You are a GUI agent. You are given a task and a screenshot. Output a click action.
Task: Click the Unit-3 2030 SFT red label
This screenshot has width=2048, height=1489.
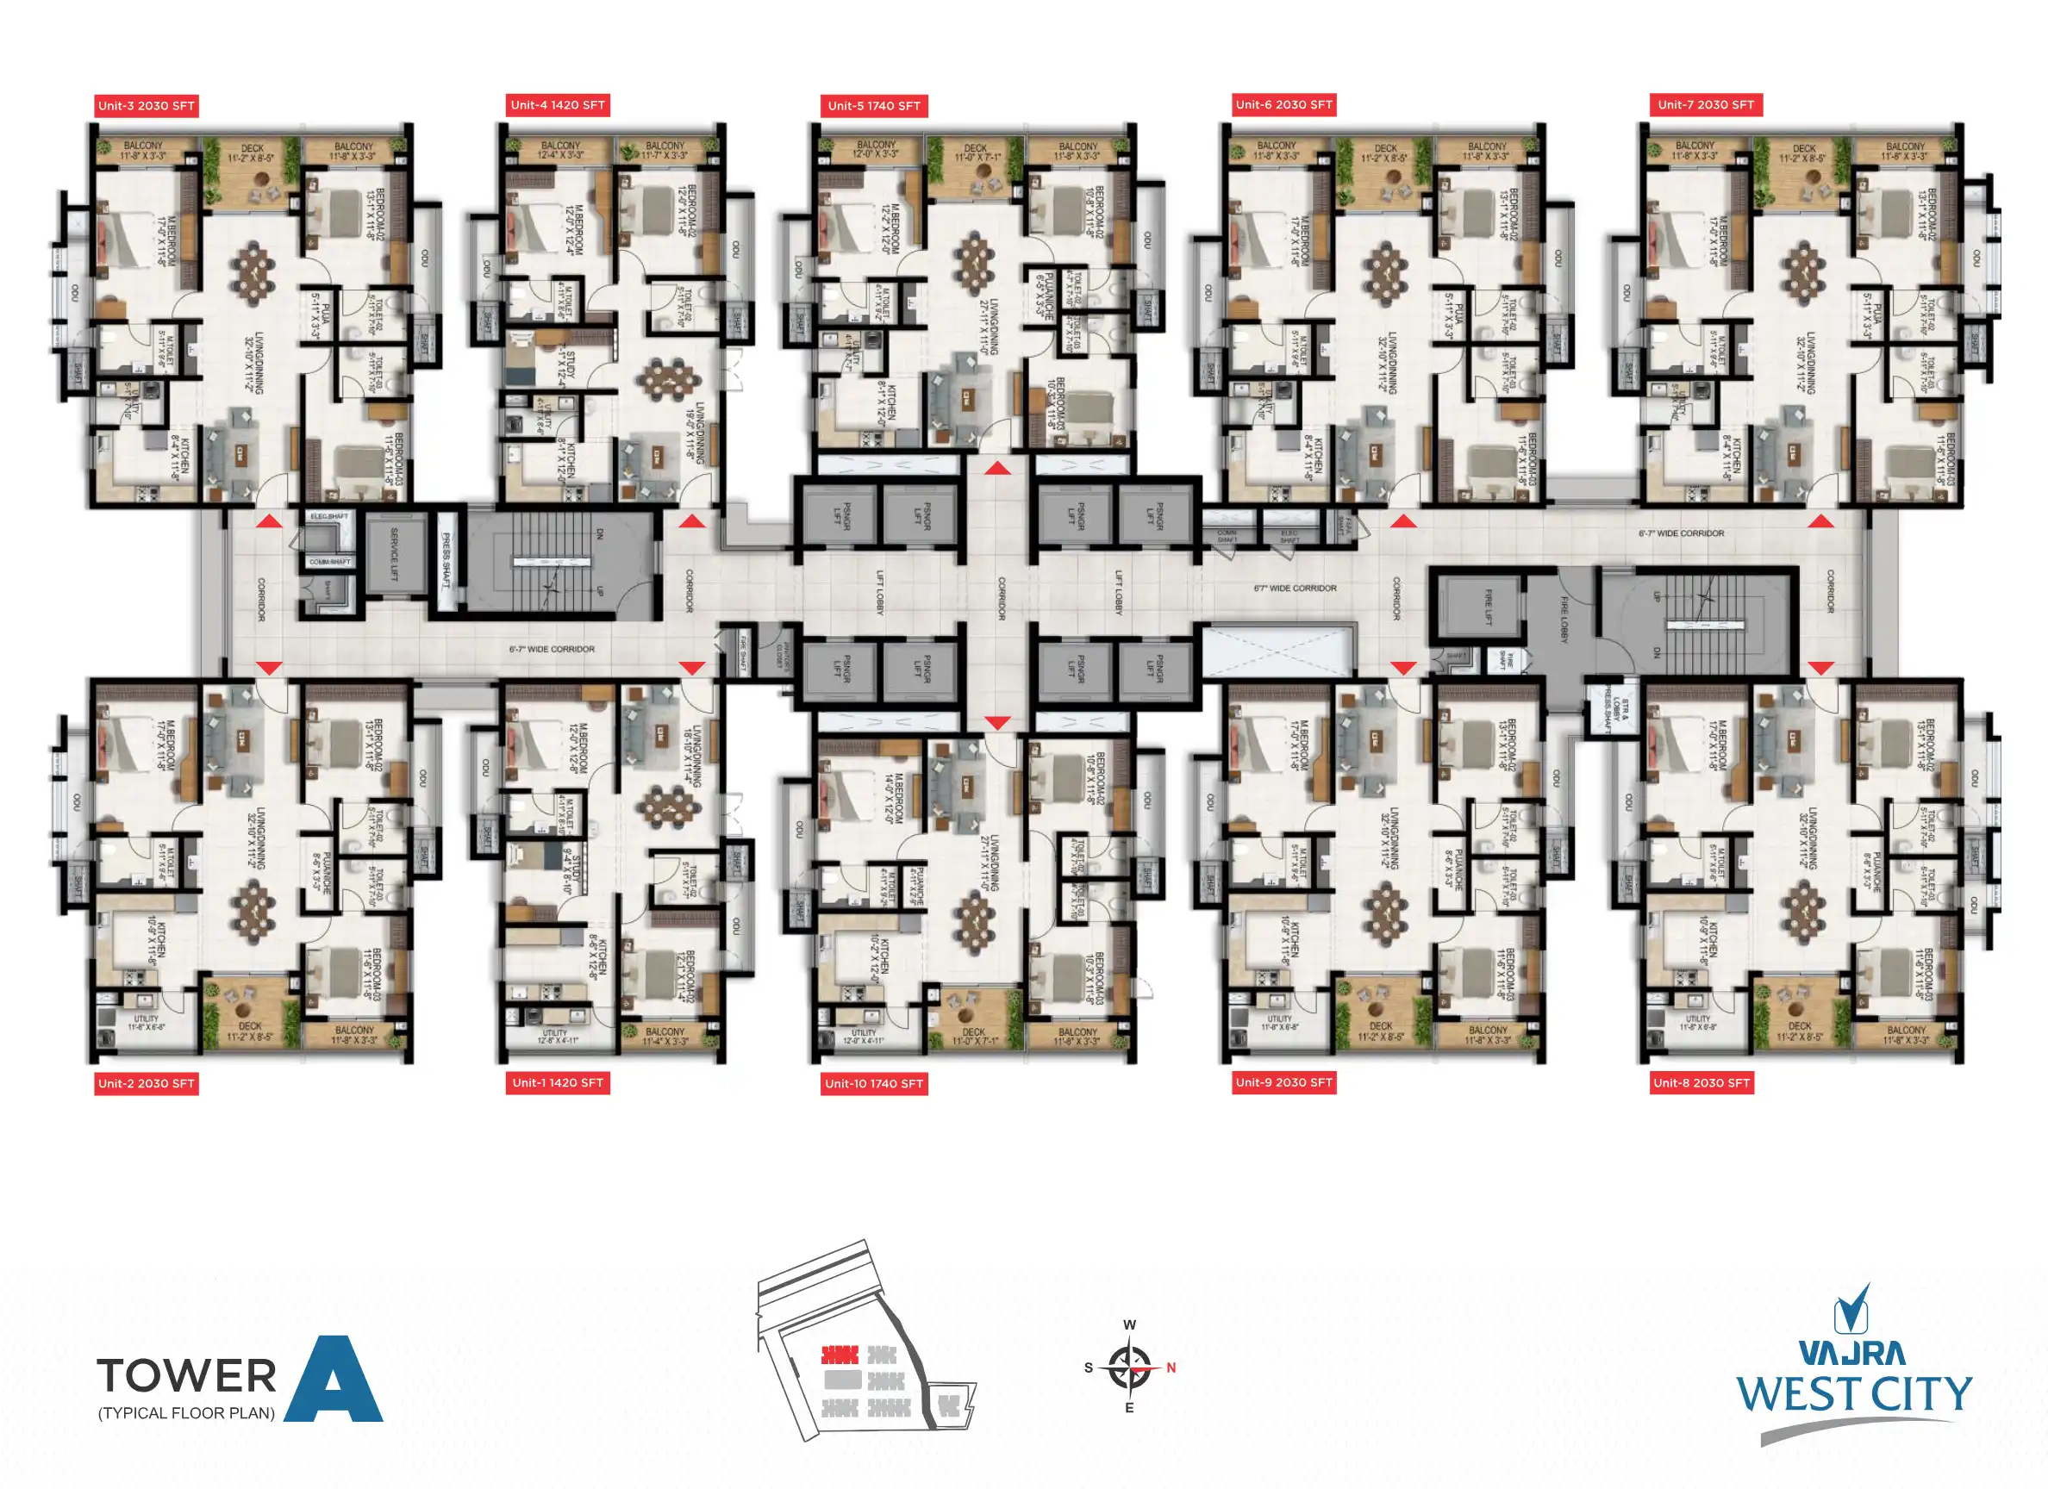(x=147, y=106)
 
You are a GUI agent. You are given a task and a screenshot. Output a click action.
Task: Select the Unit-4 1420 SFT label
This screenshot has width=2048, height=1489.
(x=557, y=105)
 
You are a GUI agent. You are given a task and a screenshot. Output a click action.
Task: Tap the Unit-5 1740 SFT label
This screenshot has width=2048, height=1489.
(x=873, y=106)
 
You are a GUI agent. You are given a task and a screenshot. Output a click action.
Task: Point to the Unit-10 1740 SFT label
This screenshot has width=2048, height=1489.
(x=873, y=1083)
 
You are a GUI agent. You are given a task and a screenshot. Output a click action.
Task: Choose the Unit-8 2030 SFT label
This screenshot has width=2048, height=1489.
(x=1701, y=1082)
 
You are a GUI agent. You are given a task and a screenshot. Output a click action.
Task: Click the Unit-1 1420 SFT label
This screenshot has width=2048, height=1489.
(x=557, y=1082)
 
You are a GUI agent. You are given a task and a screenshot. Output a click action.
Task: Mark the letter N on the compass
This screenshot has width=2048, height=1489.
(x=1171, y=1368)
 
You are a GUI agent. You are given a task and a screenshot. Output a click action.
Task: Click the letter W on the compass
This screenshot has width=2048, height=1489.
(x=1130, y=1324)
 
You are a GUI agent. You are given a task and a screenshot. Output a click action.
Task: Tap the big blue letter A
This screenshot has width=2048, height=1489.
(x=334, y=1381)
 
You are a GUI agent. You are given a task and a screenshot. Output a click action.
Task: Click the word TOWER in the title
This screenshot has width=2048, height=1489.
(x=187, y=1376)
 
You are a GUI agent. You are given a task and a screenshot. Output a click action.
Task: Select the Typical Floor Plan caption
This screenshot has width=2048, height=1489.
(x=187, y=1413)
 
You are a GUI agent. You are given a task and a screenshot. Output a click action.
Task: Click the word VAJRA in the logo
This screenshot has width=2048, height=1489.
(x=1852, y=1353)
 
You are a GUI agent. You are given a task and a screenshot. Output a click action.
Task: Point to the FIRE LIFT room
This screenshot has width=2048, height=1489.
(x=1487, y=606)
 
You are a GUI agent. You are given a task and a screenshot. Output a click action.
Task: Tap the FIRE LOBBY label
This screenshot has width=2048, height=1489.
(x=1563, y=620)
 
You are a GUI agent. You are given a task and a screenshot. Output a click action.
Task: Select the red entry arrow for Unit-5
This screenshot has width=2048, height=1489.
(x=997, y=468)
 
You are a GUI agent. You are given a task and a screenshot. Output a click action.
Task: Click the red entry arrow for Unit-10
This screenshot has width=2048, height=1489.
(x=997, y=722)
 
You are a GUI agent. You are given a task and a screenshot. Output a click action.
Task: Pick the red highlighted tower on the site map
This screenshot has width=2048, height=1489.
(x=839, y=1355)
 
